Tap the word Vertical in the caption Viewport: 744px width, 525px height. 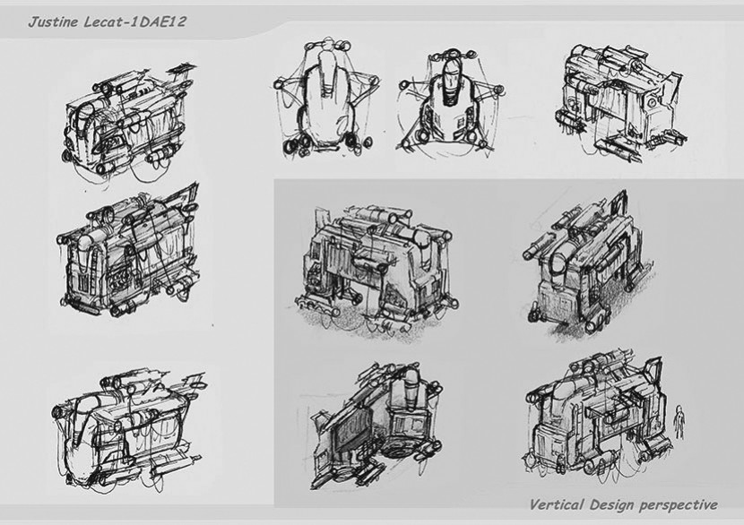[x=556, y=504]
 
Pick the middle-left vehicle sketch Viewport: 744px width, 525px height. [x=130, y=251]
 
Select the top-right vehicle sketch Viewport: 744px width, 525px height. [x=620, y=103]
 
